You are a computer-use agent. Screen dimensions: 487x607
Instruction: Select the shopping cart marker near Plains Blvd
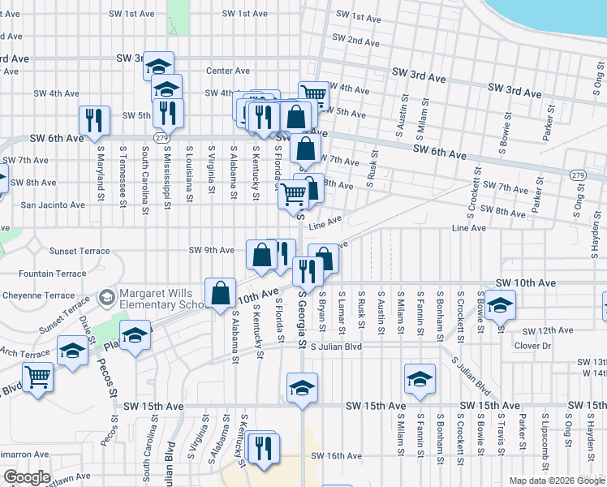tap(37, 377)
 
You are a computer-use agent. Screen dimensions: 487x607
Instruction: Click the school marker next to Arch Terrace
tap(73, 352)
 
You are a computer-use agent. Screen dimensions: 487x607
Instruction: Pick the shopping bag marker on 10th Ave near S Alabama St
tap(221, 293)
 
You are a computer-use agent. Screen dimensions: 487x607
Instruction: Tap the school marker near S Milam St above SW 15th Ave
tap(420, 379)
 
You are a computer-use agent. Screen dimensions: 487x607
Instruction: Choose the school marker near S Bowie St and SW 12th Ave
tap(501, 306)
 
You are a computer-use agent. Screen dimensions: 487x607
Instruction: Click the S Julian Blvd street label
tap(335, 347)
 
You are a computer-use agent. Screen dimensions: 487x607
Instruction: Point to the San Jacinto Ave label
tap(53, 205)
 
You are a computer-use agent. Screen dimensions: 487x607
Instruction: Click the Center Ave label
tap(227, 71)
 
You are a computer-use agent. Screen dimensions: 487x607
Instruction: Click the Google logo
tap(27, 477)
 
